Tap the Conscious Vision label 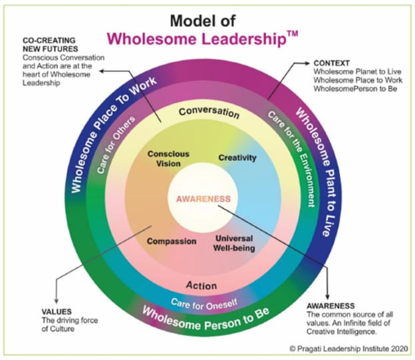[x=168, y=158]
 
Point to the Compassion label [x=172, y=241]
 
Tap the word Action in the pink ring [x=201, y=285]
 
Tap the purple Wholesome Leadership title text [x=196, y=39]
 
